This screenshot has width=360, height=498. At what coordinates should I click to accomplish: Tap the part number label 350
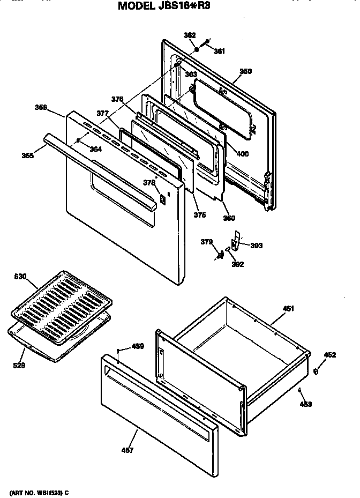[245, 71]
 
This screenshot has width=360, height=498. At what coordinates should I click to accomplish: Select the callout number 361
[219, 51]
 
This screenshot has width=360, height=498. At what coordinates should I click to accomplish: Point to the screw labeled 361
[205, 43]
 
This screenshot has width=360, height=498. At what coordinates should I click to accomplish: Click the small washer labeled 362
[197, 49]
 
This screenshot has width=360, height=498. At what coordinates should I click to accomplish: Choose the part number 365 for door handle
[28, 155]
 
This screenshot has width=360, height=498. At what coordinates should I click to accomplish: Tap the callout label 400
[242, 154]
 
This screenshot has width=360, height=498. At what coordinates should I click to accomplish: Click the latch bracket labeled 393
[235, 238]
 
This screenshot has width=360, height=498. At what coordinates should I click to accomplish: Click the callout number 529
[19, 366]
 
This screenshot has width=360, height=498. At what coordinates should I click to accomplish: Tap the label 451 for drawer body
[288, 308]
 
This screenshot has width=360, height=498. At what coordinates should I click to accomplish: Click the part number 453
[306, 404]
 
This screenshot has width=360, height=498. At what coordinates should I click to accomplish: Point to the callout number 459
[138, 346]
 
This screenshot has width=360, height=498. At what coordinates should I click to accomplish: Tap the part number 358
[41, 107]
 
